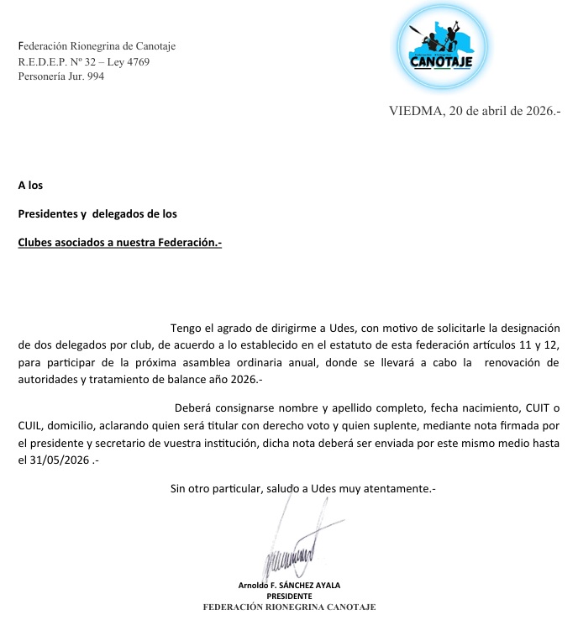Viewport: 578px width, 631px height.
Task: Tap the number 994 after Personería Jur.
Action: click(94, 76)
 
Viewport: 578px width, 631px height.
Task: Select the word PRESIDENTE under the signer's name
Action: click(289, 596)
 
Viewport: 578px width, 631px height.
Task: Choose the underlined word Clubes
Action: click(37, 243)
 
